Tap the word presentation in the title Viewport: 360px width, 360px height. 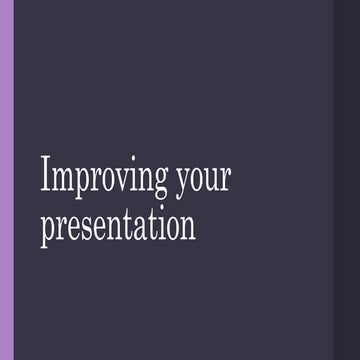118,226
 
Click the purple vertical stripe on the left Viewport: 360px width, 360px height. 7,180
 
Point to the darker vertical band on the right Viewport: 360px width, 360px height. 346,180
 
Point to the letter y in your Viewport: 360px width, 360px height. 181,182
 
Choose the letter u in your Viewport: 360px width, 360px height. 211,179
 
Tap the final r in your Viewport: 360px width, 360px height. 226,179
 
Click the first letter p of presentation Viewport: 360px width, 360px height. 47,229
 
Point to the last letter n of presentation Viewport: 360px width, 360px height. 186,227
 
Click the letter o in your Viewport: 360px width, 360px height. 196,179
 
